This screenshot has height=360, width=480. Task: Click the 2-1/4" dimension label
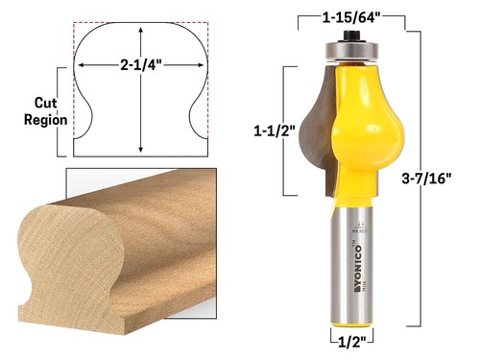click(x=141, y=66)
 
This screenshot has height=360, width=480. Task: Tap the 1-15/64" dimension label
click(x=359, y=15)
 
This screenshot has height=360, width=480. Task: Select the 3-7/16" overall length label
click(x=443, y=177)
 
